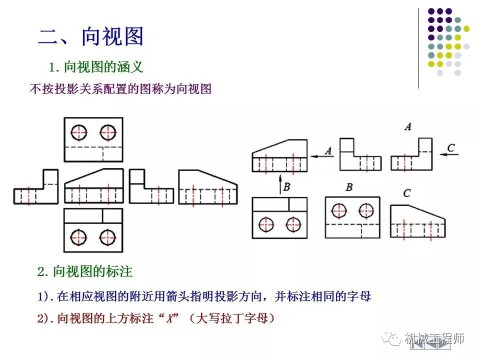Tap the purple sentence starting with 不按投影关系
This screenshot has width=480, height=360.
(120, 89)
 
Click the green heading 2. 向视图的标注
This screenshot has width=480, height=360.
(85, 272)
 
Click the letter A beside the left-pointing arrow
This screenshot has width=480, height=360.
(328, 149)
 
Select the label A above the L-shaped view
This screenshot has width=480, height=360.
(408, 127)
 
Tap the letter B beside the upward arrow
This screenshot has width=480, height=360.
(287, 186)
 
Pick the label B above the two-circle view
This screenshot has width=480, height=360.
(349, 187)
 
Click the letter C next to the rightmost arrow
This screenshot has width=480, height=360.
(451, 147)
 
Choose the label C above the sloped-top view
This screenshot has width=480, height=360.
(406, 193)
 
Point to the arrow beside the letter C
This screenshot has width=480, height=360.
(449, 155)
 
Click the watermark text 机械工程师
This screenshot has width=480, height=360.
(434, 338)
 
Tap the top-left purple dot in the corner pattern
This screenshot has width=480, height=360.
(431, 11)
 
